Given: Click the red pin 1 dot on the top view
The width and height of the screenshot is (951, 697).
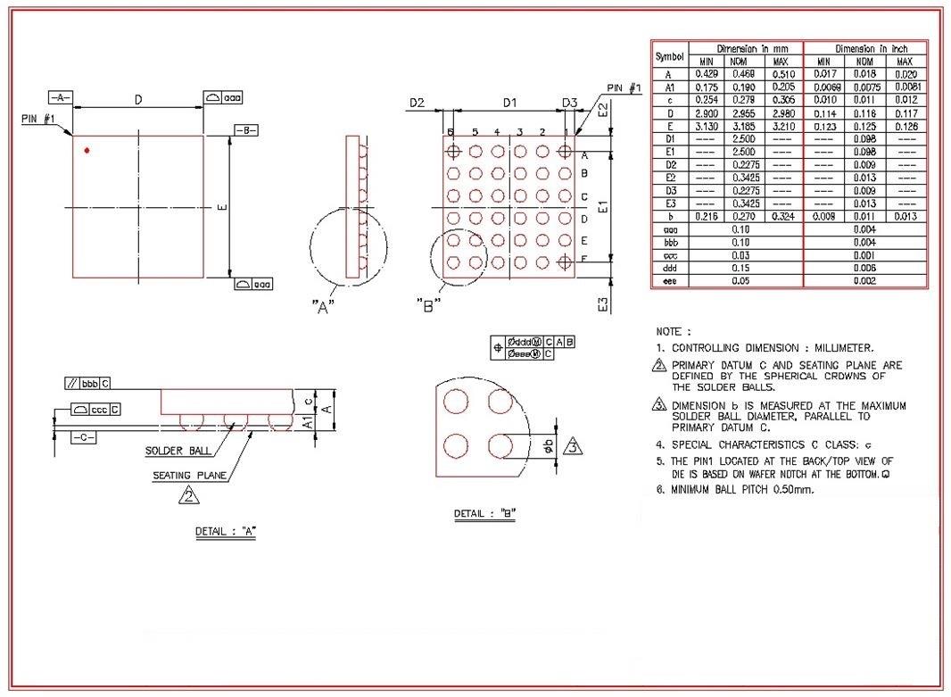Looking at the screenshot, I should (x=87, y=150).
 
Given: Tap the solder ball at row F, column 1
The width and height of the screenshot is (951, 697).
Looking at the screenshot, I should (x=564, y=261).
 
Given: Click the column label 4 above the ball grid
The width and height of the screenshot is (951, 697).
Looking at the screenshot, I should (x=497, y=132).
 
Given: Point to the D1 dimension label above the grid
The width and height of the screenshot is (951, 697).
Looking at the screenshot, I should (x=509, y=104).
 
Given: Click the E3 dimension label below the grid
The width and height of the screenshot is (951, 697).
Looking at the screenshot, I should (x=604, y=304).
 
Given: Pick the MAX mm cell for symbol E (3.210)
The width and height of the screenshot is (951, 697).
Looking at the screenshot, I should (x=781, y=127).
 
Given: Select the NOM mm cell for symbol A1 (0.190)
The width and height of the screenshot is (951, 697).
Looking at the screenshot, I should (x=739, y=87).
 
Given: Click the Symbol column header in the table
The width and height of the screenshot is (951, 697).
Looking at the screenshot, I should (x=669, y=54).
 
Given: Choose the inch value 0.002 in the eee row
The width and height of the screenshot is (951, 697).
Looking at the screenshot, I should (x=864, y=280).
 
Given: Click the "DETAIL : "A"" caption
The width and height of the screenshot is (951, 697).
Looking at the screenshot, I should (x=227, y=532).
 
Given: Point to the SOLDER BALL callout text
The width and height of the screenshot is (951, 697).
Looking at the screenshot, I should (x=178, y=451).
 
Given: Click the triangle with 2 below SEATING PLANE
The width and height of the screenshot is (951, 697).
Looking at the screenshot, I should (x=189, y=495).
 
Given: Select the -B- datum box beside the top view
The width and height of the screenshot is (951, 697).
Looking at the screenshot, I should (x=246, y=130).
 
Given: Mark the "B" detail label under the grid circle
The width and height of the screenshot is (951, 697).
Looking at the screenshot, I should (x=428, y=305).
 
